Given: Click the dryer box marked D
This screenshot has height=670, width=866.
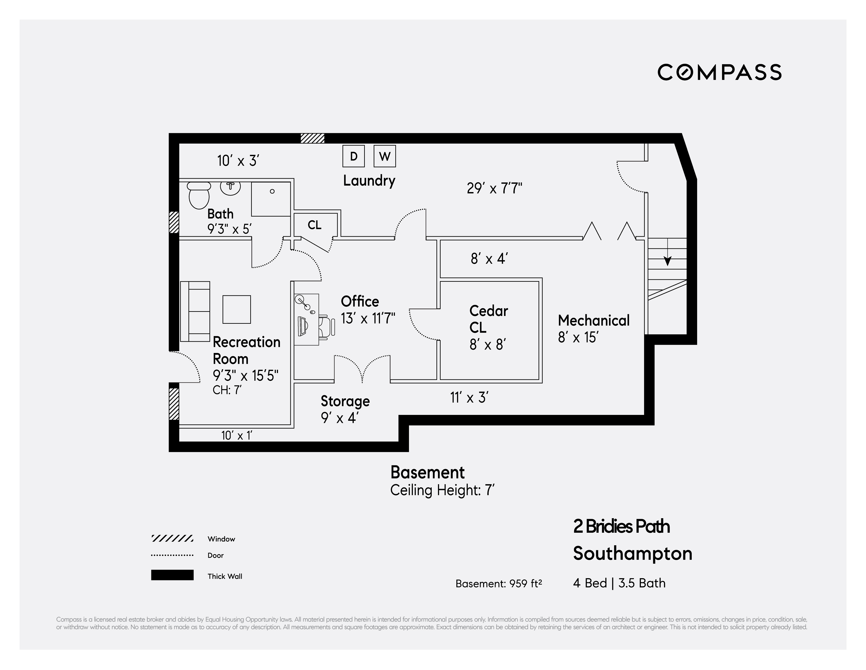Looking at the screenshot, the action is pos(354,156).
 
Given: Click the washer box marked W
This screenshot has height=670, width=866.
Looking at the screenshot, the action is pos(385,156).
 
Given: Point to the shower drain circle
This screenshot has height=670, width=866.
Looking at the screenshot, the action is pos(272,191).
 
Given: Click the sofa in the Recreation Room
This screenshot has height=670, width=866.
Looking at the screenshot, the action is pos(195,311).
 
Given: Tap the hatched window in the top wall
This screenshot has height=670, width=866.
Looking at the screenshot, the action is pos(312,138).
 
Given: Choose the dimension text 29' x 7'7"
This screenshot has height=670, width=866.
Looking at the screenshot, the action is pos(494,188).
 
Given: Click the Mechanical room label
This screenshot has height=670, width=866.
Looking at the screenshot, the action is pos(594,320).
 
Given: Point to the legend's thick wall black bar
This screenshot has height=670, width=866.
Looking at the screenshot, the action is pos(172,575).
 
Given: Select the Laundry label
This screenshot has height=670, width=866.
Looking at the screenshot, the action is pos(369,181).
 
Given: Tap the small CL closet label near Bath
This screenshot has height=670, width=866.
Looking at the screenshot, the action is pos(314,225).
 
